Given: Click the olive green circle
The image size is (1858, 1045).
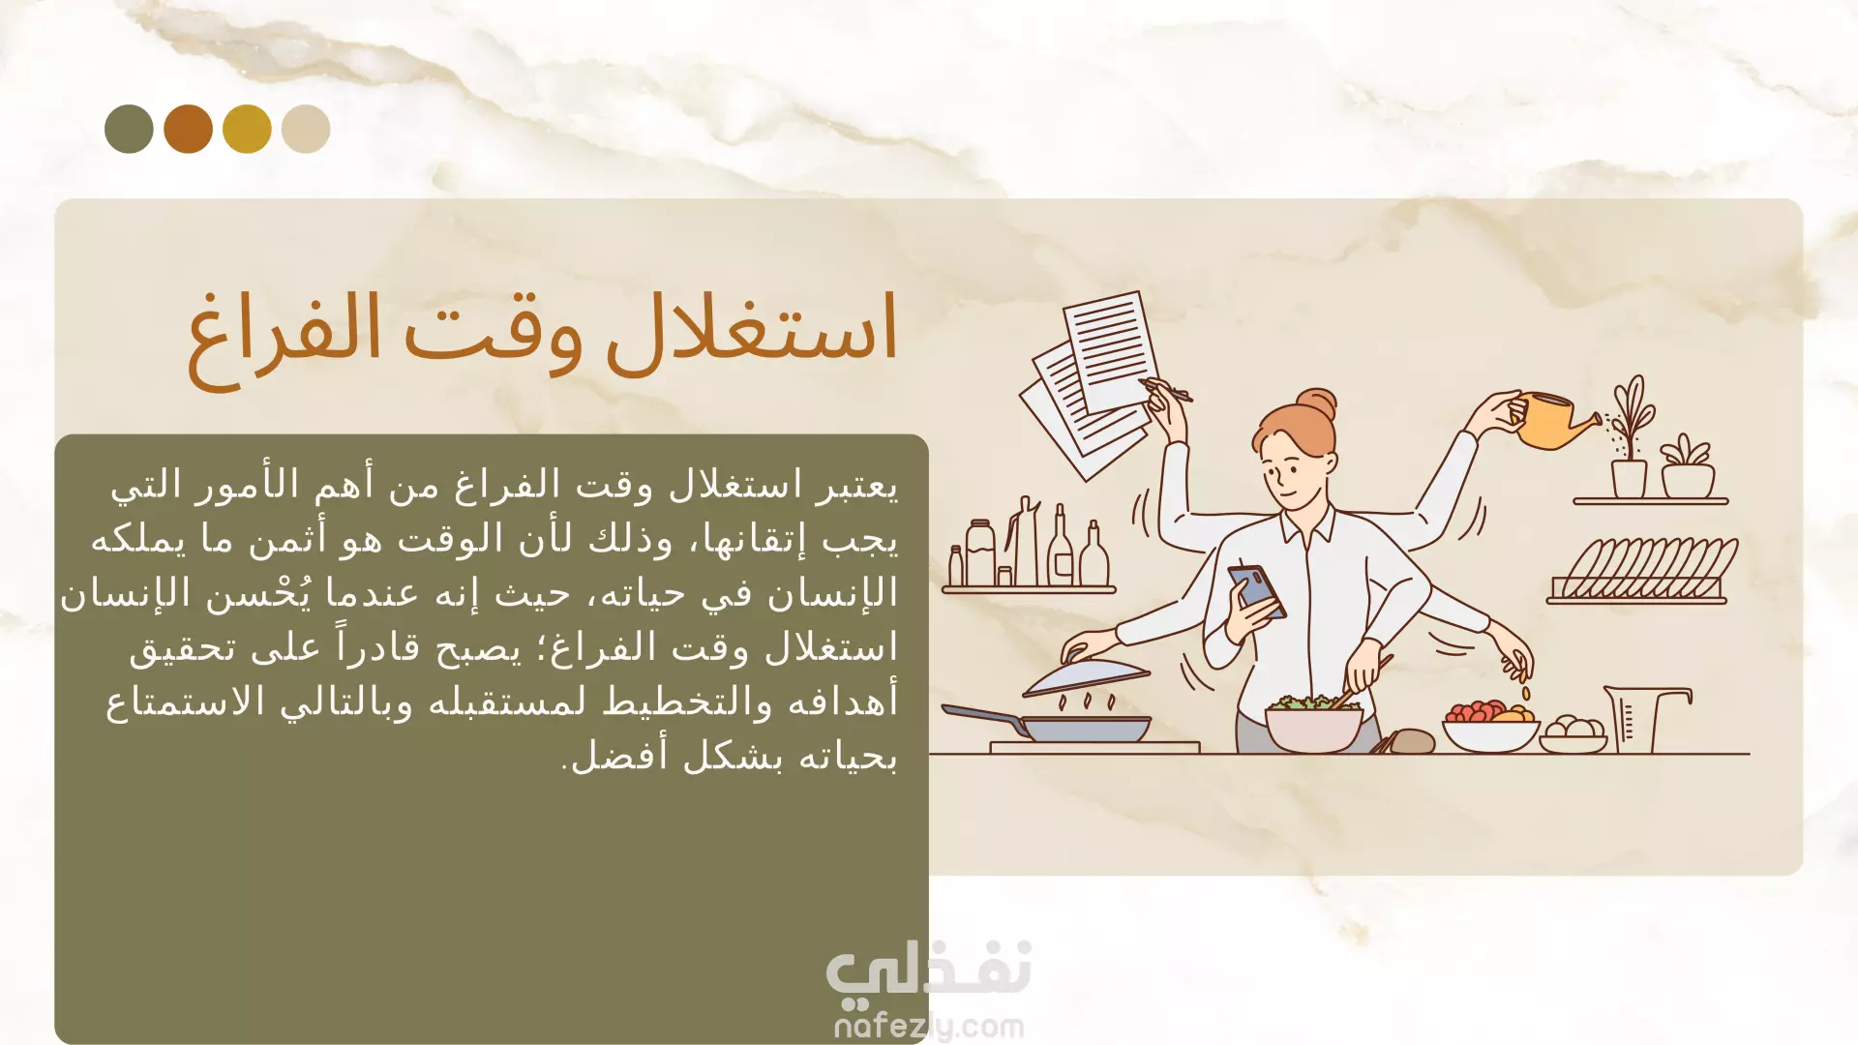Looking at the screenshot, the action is point(129,129).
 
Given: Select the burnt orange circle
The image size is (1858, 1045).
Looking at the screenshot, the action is point(188,129).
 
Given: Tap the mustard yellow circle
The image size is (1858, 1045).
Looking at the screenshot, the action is point(247,129).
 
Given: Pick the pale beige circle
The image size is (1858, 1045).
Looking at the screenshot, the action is point(306,129).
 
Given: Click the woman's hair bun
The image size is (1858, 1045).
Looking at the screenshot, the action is point(1317,404).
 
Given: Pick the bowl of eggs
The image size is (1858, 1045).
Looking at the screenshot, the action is point(1573,733).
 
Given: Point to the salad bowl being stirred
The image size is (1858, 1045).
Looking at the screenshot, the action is point(1314,723).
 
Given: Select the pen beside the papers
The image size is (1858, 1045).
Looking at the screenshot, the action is point(1165,390).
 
